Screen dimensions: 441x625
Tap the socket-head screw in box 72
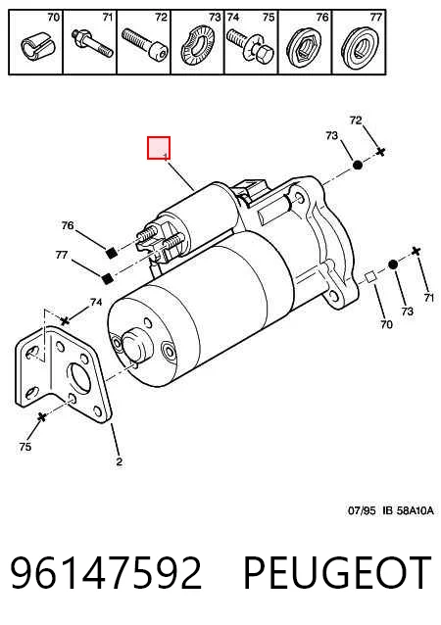click(145, 43)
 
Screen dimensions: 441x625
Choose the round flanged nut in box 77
click(359, 48)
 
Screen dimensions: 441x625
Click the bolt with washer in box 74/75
click(251, 45)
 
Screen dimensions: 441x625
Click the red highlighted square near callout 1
click(159, 148)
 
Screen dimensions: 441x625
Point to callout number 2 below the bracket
click(119, 462)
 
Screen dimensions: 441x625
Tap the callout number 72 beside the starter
click(356, 120)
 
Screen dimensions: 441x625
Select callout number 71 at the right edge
click(428, 298)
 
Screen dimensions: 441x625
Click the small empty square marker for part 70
click(370, 276)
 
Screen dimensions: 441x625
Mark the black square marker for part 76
click(112, 253)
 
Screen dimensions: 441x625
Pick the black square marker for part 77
click(107, 279)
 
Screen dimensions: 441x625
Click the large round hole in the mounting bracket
click(78, 378)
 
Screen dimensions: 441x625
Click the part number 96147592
click(105, 572)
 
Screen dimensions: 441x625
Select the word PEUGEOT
click(337, 572)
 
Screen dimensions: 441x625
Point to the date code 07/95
click(362, 510)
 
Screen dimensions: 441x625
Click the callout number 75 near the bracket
click(24, 447)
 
